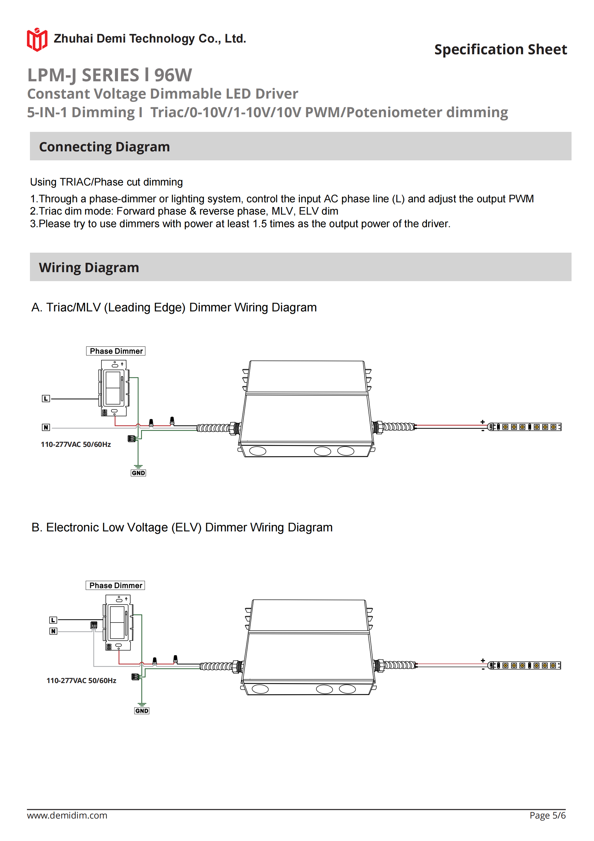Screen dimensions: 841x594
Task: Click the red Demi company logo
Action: click(x=37, y=40)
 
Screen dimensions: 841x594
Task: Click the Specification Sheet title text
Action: click(x=500, y=49)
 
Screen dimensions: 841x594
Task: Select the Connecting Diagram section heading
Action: click(x=104, y=147)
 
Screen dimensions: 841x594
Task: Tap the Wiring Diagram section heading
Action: click(x=89, y=268)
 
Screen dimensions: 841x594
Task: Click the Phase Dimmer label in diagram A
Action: click(x=116, y=351)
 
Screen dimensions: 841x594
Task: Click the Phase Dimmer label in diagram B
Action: click(x=116, y=585)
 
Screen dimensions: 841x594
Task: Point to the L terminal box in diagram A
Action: click(x=46, y=399)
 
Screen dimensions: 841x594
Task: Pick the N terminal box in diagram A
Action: click(x=46, y=427)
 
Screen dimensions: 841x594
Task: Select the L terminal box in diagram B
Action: click(x=53, y=620)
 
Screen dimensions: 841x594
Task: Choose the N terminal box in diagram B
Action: click(x=53, y=631)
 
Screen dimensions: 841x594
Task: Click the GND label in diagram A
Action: click(x=138, y=473)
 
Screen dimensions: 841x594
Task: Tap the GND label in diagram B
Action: click(x=142, y=711)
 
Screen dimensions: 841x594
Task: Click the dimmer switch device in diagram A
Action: click(x=114, y=388)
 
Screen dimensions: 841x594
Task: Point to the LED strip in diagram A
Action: click(x=525, y=427)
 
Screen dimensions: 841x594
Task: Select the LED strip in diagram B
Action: click(x=525, y=665)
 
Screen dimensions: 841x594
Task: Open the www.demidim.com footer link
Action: click(x=67, y=815)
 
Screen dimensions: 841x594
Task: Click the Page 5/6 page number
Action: click(x=547, y=815)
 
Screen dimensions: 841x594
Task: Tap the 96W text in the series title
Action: click(x=173, y=75)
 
